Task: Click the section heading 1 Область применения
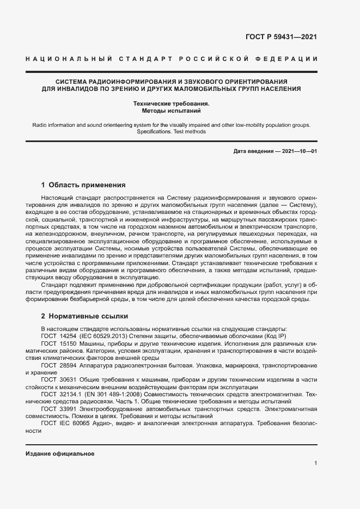click(83, 185)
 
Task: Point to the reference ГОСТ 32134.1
click(58, 394)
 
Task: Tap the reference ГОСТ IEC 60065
click(65, 422)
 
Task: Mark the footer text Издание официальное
click(60, 453)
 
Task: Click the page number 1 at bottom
click(315, 463)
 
